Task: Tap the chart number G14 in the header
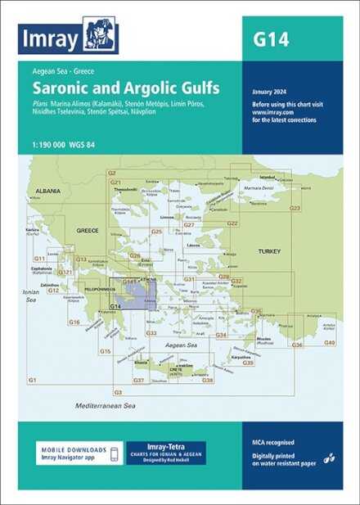tap(271, 38)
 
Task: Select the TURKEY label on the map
tap(268, 250)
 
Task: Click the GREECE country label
tap(88, 232)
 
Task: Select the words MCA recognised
tap(274, 443)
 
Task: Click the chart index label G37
tap(139, 381)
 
